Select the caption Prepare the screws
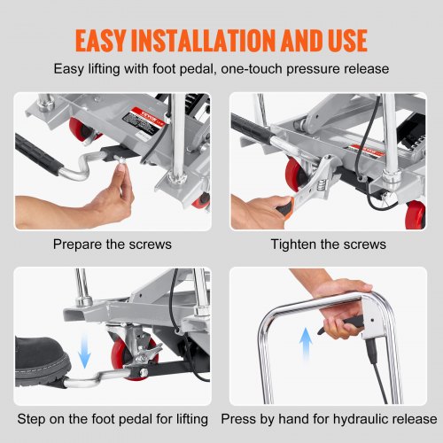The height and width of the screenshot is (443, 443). (113, 245)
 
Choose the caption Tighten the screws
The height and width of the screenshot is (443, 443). (329, 245)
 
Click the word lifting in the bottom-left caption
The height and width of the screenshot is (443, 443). (192, 419)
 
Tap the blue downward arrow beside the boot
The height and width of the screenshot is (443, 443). (84, 350)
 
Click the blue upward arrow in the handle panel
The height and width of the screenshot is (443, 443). (306, 343)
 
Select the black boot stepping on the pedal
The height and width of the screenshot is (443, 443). (42, 361)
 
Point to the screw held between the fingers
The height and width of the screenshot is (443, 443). (120, 162)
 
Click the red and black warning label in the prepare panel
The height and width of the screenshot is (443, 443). (143, 121)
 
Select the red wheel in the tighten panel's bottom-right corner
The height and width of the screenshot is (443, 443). (416, 214)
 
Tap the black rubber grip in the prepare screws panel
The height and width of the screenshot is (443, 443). (38, 155)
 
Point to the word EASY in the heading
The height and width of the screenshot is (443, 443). (101, 41)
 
